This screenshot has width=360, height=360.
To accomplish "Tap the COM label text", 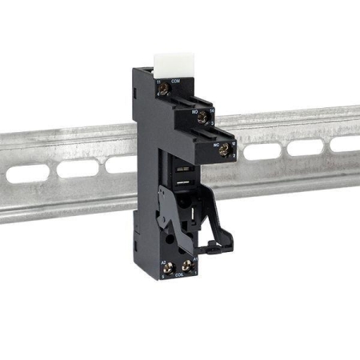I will pyautogui.click(x=175, y=82).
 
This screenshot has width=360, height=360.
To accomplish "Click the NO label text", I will pyautogui.click(x=194, y=113).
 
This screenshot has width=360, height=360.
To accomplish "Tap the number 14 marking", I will pyautogui.click(x=210, y=109).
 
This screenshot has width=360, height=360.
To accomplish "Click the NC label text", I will pyautogui.click(x=216, y=145).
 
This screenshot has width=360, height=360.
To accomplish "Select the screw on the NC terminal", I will pyautogui.click(x=225, y=148).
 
